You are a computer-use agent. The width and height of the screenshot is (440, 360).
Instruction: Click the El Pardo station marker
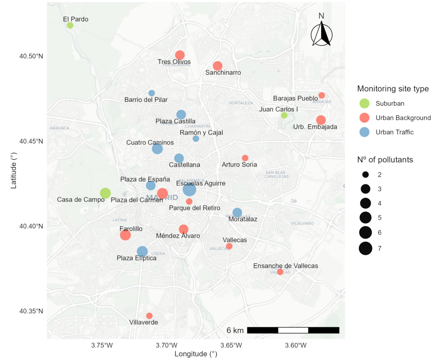pyautogui.click(x=70, y=25)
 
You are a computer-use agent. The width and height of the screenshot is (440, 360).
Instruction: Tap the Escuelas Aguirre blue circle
pyautogui.click(x=189, y=189)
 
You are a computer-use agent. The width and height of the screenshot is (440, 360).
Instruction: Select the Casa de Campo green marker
pyautogui.click(x=105, y=193)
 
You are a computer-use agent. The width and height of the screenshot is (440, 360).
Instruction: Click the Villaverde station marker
pyautogui.click(x=149, y=316)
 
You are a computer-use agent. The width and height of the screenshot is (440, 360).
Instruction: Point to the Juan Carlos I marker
pyautogui.click(x=284, y=115)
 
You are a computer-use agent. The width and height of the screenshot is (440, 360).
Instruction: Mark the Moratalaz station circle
pyautogui.click(x=237, y=213)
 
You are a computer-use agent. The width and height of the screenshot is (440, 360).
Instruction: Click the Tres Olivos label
pyautogui.click(x=174, y=62)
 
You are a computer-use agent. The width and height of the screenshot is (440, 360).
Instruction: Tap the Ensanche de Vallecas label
pyautogui.click(x=286, y=266)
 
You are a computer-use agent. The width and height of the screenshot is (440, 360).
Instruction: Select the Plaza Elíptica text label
pyautogui.click(x=137, y=258)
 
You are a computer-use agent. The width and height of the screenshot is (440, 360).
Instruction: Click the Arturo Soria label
pyautogui.click(x=239, y=165)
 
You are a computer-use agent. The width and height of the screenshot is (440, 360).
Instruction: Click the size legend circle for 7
pyautogui.click(x=365, y=248)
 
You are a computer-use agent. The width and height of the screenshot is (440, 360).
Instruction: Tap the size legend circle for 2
pyautogui.click(x=365, y=175)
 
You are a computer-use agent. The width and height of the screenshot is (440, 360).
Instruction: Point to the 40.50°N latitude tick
pyautogui.click(x=31, y=56)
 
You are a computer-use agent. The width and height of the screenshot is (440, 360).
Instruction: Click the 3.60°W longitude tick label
pyautogui.click(x=296, y=346)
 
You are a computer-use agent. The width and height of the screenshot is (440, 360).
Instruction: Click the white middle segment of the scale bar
pyautogui.click(x=293, y=330)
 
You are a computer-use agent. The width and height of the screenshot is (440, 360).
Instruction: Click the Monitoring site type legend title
pyautogui.click(x=393, y=89)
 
